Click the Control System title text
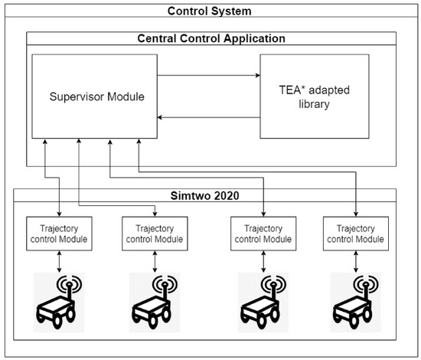coord(210,11)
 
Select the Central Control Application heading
coord(210,38)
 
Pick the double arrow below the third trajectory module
coord(263,260)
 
